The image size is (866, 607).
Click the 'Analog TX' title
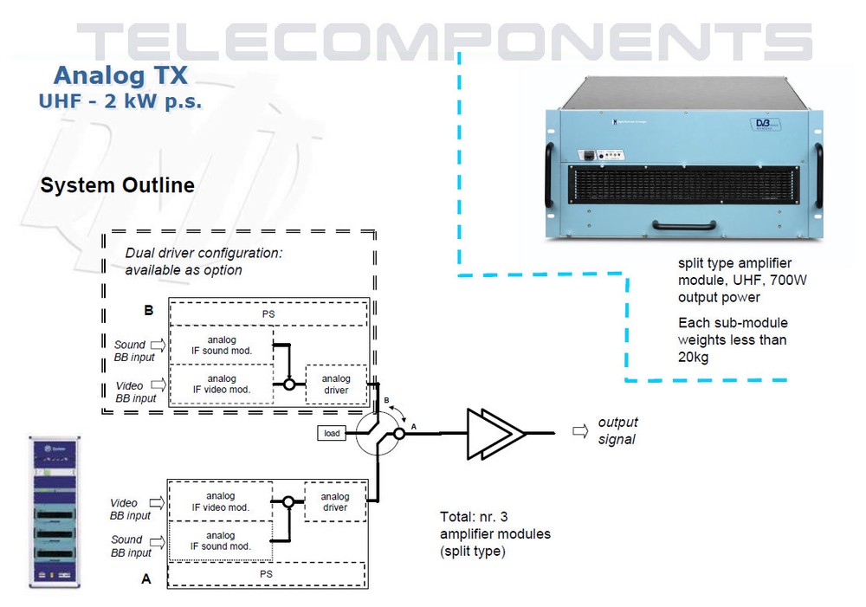click(120, 74)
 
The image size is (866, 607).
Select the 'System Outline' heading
click(118, 185)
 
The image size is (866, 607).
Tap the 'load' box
click(332, 432)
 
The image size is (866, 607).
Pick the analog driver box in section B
click(336, 384)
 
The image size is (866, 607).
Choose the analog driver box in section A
click(335, 501)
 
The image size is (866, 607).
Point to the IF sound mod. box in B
click(222, 345)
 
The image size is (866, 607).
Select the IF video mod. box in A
click(221, 501)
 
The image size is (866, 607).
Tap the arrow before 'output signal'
click(579, 430)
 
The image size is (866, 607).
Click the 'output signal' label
click(617, 430)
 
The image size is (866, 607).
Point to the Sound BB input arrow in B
click(158, 345)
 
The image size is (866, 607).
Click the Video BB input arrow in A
click(158, 501)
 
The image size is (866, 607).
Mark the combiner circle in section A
click(288, 501)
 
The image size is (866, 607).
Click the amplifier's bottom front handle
click(685, 228)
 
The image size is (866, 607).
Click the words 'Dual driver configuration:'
click(204, 254)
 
